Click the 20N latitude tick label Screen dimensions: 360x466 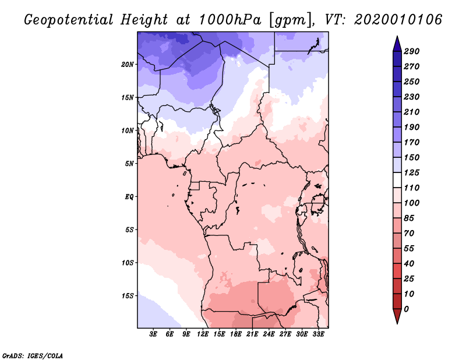pos(128,64)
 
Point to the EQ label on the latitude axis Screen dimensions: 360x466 pos(129,196)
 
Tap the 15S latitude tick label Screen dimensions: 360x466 pos(128,295)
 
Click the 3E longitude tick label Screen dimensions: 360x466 pos(154,335)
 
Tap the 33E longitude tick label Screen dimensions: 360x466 pos(318,335)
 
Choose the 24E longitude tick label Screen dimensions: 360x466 pos(269,335)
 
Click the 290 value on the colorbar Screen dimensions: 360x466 pos(411,51)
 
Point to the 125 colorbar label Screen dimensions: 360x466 pos(411,172)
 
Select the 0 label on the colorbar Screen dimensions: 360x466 pos(406,309)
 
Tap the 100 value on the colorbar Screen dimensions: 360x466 pos(411,203)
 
